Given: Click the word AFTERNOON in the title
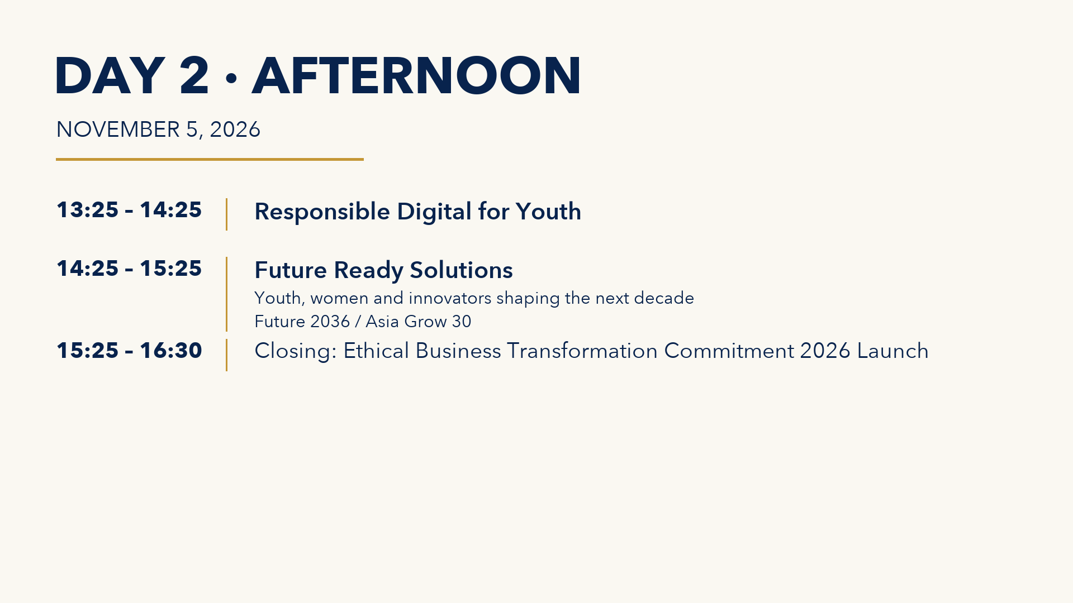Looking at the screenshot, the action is pyautogui.click(x=417, y=75).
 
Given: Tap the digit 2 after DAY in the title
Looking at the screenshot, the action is pyautogui.click(x=194, y=75).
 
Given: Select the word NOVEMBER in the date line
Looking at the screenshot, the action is pyautogui.click(x=118, y=130).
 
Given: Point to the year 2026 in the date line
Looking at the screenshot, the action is pyautogui.click(x=235, y=130).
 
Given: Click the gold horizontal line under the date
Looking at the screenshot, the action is pyautogui.click(x=210, y=159).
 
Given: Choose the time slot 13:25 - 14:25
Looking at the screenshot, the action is pyautogui.click(x=129, y=210).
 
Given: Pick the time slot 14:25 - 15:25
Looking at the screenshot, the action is pyautogui.click(x=129, y=269).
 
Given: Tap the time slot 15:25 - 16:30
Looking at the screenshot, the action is pyautogui.click(x=129, y=351).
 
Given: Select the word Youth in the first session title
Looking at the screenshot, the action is pyautogui.click(x=548, y=212).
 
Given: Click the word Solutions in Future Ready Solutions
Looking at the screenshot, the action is pyautogui.click(x=461, y=270).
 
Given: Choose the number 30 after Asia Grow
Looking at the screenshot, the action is pyautogui.click(x=462, y=322).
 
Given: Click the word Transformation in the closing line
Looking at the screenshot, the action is pyautogui.click(x=582, y=351).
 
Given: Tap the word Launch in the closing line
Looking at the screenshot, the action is pyautogui.click(x=892, y=351).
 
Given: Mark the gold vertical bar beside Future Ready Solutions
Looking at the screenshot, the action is pyautogui.click(x=226, y=294).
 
